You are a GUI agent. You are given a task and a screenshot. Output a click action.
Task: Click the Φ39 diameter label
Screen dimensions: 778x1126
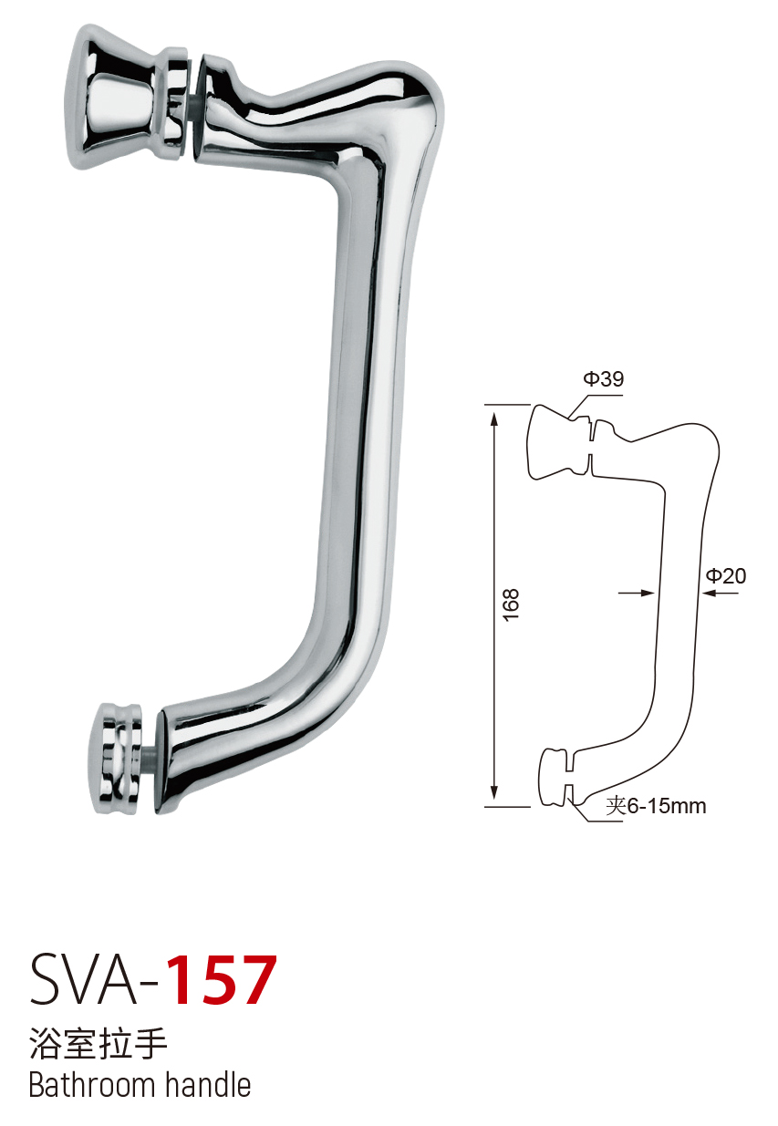603,378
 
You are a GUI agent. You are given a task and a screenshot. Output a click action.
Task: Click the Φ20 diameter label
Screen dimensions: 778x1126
726,575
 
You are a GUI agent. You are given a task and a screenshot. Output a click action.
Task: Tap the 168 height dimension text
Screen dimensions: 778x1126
510,604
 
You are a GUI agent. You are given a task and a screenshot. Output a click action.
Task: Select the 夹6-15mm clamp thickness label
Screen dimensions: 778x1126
656,806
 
